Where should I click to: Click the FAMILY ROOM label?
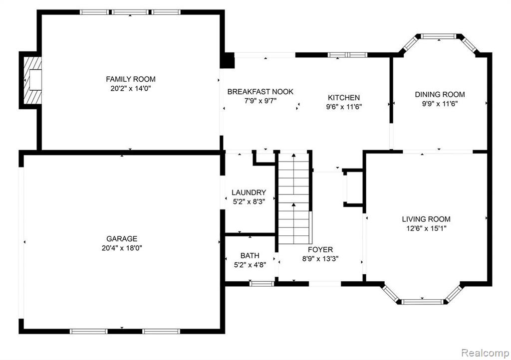click(x=131, y=79)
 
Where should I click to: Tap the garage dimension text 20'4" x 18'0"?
click(x=122, y=248)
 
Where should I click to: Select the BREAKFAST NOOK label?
click(x=260, y=92)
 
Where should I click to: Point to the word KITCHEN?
click(x=344, y=98)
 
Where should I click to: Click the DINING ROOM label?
click(x=440, y=95)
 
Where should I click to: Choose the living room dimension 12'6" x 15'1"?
click(x=426, y=228)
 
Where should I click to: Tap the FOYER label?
click(x=321, y=250)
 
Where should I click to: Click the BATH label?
click(x=250, y=255)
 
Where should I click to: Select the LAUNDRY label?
click(x=249, y=192)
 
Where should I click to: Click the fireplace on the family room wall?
click(x=32, y=80)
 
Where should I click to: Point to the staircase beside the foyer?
click(x=293, y=198)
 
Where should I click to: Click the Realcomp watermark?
click(x=485, y=353)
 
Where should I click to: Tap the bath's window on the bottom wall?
click(x=261, y=284)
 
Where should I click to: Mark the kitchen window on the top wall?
click(x=347, y=55)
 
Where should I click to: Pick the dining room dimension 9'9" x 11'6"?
click(x=440, y=104)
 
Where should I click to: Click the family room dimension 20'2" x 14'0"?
click(x=131, y=89)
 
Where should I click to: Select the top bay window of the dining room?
click(x=439, y=36)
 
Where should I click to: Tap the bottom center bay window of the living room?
click(x=422, y=302)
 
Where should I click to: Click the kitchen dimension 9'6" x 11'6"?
click(x=344, y=107)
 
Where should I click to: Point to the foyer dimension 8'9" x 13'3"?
click(x=321, y=259)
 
